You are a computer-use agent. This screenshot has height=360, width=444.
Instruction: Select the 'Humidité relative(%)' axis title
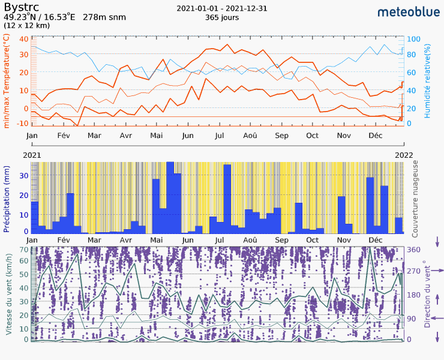pos(428,80)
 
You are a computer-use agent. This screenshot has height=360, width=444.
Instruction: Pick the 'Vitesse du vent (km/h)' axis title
pos(9,294)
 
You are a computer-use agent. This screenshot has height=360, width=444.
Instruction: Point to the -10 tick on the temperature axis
pos(24,123)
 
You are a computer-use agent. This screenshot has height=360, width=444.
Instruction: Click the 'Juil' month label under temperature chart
pos(219,136)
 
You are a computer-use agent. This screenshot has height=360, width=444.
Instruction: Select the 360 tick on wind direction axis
pos(414,249)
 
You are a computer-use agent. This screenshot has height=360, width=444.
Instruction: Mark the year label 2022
pos(403,155)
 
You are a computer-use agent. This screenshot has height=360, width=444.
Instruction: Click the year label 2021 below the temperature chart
pos(33,155)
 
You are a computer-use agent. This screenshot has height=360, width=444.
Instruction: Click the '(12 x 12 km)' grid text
pos(27,26)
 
